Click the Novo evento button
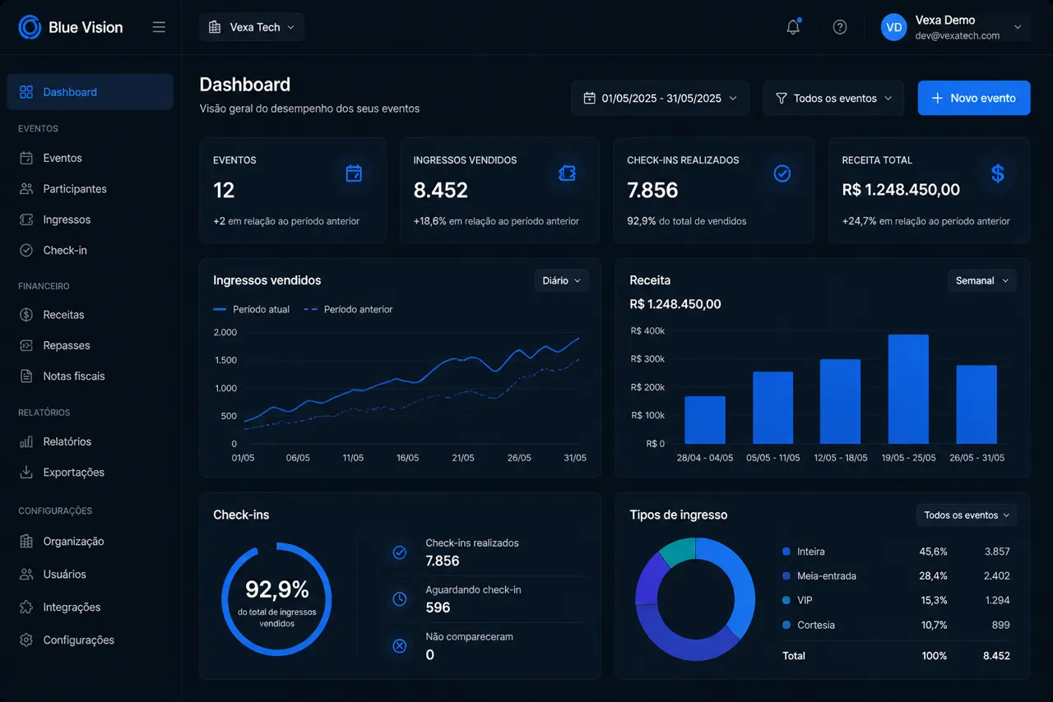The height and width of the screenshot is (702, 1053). click(x=973, y=98)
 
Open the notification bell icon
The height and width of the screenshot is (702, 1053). click(x=793, y=27)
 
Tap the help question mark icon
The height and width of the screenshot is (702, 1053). click(x=840, y=27)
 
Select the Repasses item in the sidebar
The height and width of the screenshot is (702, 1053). click(x=67, y=345)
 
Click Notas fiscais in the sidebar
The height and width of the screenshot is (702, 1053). click(x=74, y=376)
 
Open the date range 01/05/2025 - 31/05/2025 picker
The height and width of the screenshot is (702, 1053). click(x=660, y=98)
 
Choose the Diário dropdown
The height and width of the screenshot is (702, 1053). click(x=561, y=280)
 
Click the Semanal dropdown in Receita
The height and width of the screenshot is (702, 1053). click(x=982, y=280)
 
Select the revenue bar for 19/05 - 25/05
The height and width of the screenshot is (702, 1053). click(x=908, y=389)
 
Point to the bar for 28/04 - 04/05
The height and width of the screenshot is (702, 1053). click(x=705, y=420)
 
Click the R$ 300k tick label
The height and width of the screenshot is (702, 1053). click(x=647, y=359)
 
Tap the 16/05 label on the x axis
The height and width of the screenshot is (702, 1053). click(x=407, y=458)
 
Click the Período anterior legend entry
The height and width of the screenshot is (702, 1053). click(x=348, y=309)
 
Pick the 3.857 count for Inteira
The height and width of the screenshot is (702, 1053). click(x=997, y=552)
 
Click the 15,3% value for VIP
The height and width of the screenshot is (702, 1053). click(x=933, y=600)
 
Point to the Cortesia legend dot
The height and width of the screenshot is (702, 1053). click(x=786, y=625)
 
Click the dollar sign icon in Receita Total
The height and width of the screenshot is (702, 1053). click(x=998, y=173)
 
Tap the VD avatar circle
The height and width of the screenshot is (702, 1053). click(x=893, y=27)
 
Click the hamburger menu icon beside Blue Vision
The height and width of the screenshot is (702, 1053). click(x=159, y=27)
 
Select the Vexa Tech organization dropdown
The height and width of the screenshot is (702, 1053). click(x=252, y=27)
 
